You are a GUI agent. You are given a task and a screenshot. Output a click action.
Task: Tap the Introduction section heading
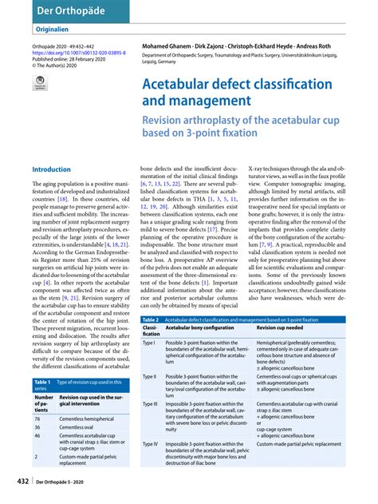click(x=53, y=169)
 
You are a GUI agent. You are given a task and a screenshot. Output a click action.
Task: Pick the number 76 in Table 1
click(x=37, y=419)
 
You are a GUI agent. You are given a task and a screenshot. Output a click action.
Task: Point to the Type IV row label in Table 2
click(x=152, y=442)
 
